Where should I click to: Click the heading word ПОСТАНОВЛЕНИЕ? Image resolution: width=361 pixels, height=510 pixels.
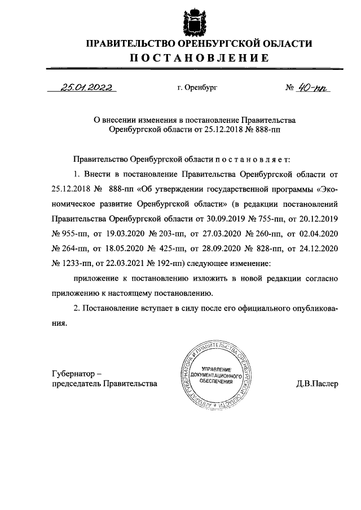click(191, 58)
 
